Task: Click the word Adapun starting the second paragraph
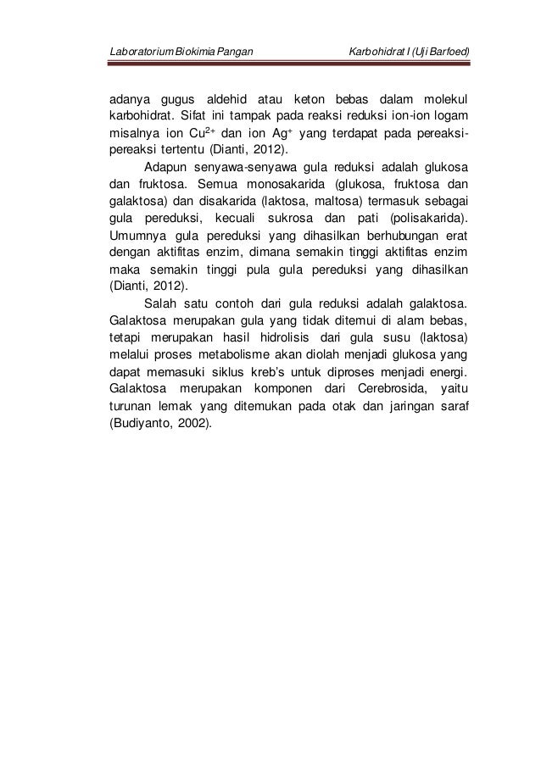(170, 165)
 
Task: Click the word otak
(336, 410)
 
